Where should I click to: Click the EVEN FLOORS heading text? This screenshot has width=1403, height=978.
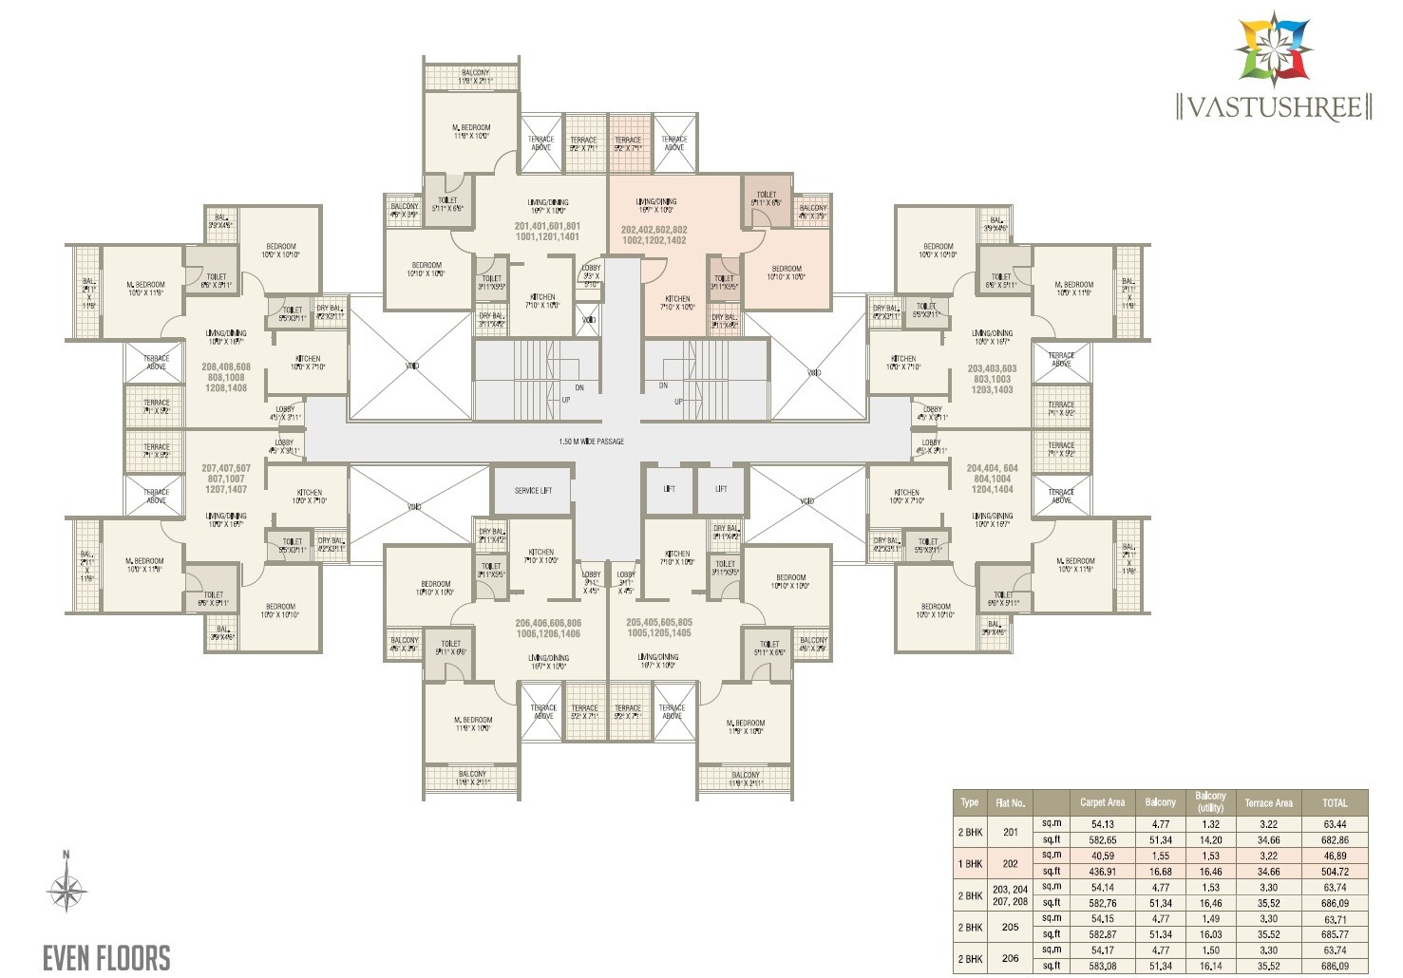pyautogui.click(x=106, y=957)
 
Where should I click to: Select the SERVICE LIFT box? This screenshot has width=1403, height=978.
pyautogui.click(x=533, y=491)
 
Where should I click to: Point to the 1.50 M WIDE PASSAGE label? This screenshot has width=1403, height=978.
pyautogui.click(x=591, y=442)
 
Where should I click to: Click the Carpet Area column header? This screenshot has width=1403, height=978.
pyautogui.click(x=1102, y=802)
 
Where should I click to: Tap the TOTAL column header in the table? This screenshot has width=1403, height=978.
pyautogui.click(x=1335, y=802)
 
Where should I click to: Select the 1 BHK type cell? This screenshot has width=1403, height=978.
pyautogui.click(x=970, y=864)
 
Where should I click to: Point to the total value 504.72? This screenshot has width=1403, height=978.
pyautogui.click(x=1335, y=872)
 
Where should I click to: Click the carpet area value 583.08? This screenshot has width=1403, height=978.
pyautogui.click(x=1103, y=967)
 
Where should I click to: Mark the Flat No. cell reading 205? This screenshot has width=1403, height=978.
pyautogui.click(x=1010, y=927)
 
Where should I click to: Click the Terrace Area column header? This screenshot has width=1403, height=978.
pyautogui.click(x=1268, y=802)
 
